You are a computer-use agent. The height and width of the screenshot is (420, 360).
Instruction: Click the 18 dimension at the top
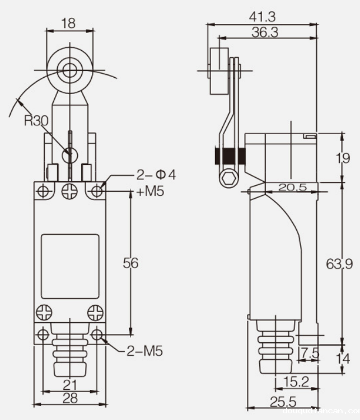point(68,23)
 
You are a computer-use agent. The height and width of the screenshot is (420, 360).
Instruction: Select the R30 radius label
point(36,121)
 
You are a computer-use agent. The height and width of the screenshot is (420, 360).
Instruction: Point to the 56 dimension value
point(130,263)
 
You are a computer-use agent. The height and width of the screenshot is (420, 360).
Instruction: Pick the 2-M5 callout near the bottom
point(144,351)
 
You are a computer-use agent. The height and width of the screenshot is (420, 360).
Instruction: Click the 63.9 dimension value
point(339,263)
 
